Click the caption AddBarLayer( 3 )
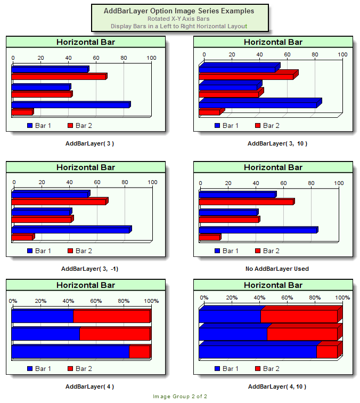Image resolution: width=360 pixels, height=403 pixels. point(89,143)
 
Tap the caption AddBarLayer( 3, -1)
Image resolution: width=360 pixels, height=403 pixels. point(89,269)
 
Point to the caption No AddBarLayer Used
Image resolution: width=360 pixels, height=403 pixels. point(277,269)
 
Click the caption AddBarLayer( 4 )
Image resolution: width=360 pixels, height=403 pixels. point(89,386)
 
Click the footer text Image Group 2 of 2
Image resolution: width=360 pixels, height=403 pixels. point(180,396)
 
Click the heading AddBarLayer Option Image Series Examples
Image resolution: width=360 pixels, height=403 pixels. point(179,11)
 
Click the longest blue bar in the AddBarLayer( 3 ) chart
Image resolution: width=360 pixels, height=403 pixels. point(70,105)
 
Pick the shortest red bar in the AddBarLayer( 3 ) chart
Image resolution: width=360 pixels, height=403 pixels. point(22,112)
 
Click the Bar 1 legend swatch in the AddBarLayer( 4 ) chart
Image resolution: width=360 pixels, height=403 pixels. point(30,368)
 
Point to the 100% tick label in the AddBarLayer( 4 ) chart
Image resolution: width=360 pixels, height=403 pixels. point(151,301)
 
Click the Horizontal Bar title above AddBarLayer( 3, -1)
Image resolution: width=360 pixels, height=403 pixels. point(86,167)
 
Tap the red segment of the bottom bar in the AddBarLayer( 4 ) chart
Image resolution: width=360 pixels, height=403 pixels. point(140,352)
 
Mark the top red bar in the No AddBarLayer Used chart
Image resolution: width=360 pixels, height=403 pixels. point(246,202)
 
